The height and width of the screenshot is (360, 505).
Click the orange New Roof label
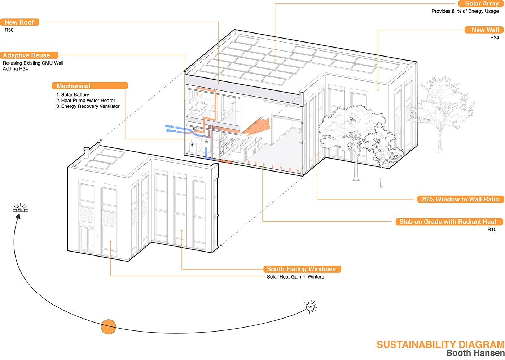[19, 22]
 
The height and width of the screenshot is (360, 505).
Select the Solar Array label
[481, 4]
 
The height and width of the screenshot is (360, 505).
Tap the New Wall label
[484, 30]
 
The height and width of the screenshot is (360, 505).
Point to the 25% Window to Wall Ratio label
[460, 199]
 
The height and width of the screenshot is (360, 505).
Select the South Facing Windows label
[302, 269]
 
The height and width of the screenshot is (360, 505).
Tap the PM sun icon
[20, 209]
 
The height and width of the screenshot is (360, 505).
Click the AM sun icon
[310, 307]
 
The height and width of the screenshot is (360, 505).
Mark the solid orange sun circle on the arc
[108, 326]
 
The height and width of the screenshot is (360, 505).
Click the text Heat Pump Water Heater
[88, 101]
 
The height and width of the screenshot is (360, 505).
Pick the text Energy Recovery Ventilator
[90, 106]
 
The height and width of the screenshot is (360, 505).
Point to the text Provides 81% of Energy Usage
[465, 11]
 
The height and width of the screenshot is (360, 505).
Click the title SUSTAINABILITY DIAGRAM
[440, 345]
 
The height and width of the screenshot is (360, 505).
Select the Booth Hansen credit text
[475, 354]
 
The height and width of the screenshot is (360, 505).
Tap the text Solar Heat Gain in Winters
[295, 277]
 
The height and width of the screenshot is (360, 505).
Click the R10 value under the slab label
[492, 230]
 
